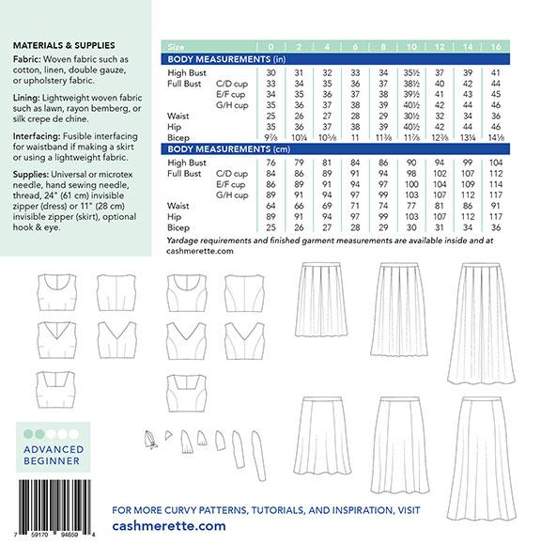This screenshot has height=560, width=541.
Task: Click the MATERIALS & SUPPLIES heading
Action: (x=63, y=43)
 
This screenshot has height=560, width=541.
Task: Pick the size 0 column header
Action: (x=271, y=44)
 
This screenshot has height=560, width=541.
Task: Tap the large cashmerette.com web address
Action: (x=169, y=526)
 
